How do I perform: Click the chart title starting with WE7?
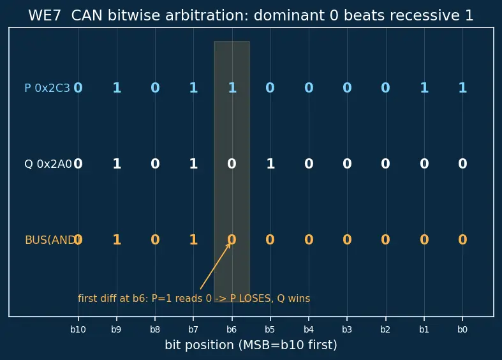(x=251, y=15)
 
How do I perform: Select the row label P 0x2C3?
(x=47, y=87)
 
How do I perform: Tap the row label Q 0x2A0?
(x=48, y=163)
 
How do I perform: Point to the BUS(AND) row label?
(x=51, y=240)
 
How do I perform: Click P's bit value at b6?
(x=232, y=87)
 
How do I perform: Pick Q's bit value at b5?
(x=271, y=163)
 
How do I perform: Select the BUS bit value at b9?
(x=117, y=240)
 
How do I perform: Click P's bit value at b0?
(x=462, y=87)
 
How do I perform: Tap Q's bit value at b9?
(x=117, y=163)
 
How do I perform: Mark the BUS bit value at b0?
(x=462, y=240)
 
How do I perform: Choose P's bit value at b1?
(x=424, y=87)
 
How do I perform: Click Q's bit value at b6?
(x=232, y=163)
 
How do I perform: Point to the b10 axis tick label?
(x=78, y=329)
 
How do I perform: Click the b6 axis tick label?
(x=232, y=329)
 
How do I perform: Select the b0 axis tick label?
(x=462, y=329)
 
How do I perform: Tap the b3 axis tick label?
(x=347, y=329)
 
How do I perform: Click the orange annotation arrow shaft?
(x=215, y=266)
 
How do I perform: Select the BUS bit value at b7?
(x=193, y=240)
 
